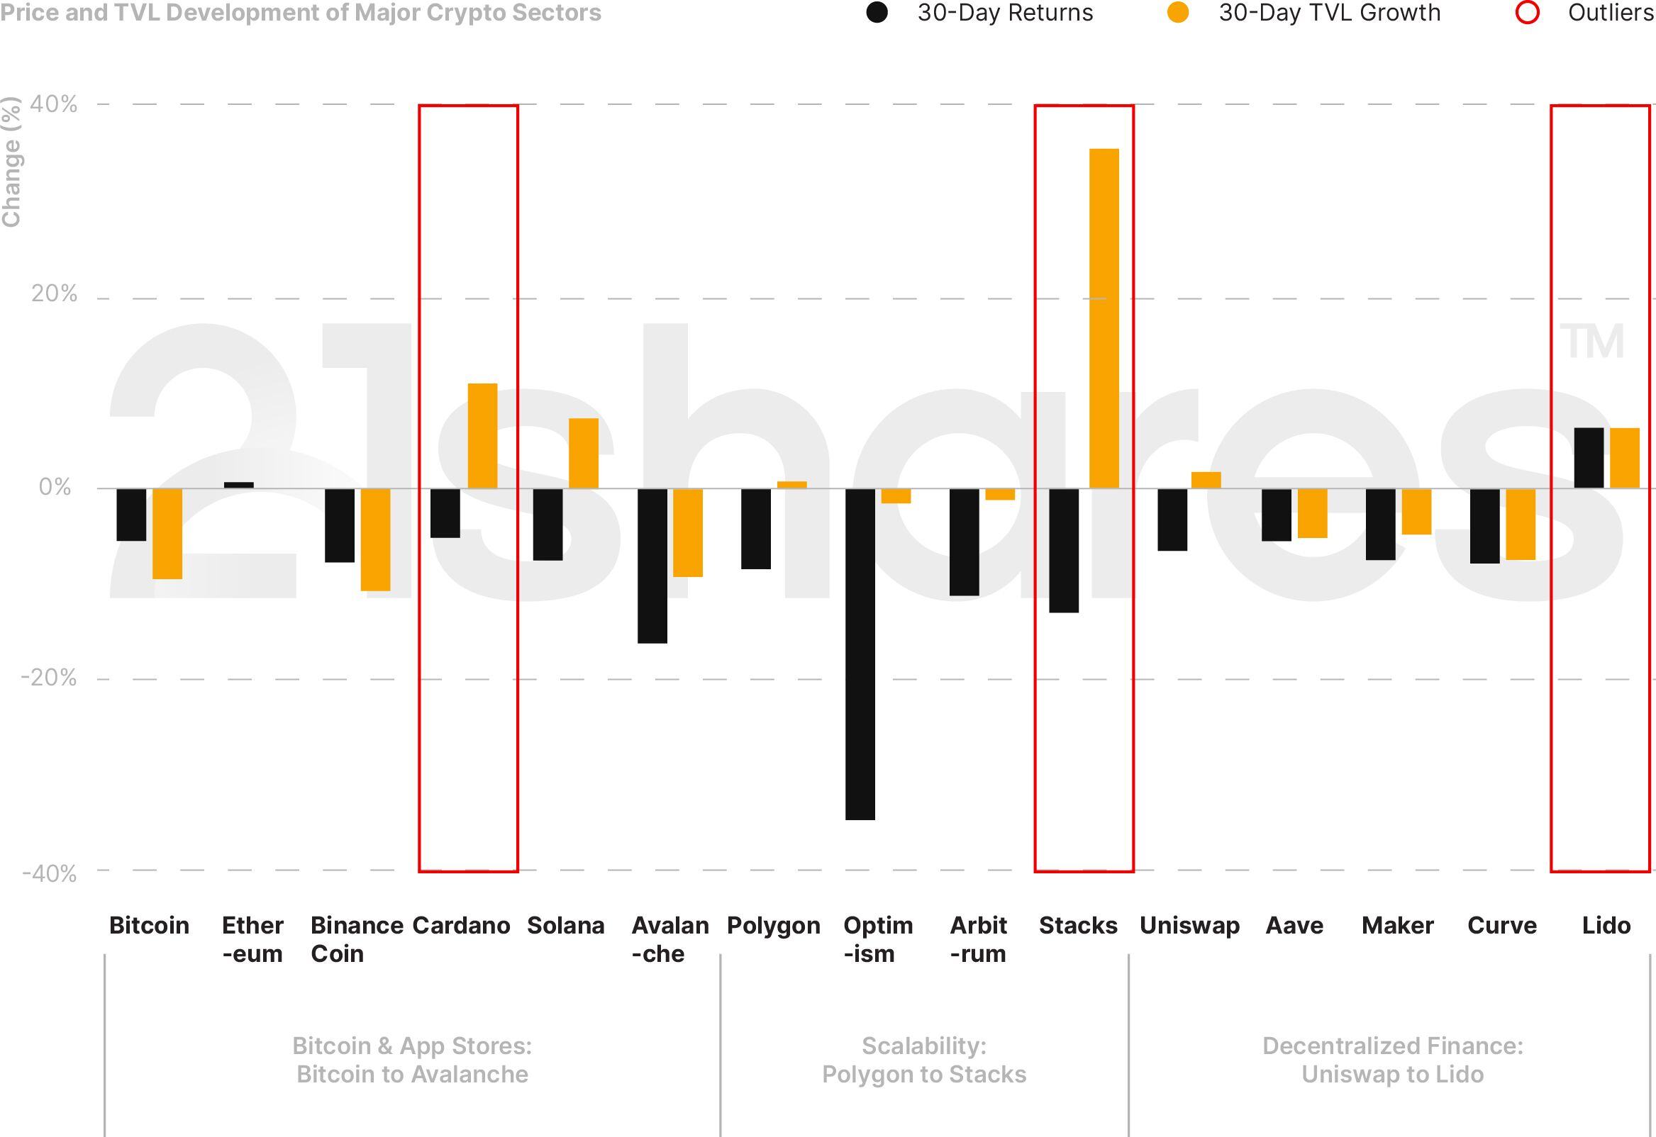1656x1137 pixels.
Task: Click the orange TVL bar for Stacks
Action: tap(1104, 318)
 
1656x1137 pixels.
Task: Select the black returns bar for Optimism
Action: tap(860, 654)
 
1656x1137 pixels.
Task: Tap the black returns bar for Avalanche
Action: tap(652, 566)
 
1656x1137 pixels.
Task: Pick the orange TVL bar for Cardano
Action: tap(482, 436)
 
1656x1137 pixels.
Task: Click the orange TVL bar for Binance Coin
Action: tap(375, 539)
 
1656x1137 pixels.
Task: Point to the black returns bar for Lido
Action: tap(1589, 458)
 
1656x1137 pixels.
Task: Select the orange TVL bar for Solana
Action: tap(584, 453)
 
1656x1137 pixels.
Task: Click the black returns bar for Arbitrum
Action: tap(964, 542)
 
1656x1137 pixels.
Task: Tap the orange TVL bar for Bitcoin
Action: tap(167, 534)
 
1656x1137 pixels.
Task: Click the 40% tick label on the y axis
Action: tap(53, 104)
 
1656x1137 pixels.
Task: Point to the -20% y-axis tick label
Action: tap(48, 678)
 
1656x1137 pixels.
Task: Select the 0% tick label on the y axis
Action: tap(55, 487)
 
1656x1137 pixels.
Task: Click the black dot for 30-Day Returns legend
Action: tap(877, 13)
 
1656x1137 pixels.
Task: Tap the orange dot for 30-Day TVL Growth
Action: tap(1178, 13)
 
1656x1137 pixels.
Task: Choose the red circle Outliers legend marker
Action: tap(1527, 13)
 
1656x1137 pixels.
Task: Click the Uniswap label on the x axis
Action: tap(1189, 926)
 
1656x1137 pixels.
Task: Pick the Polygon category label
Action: tap(773, 926)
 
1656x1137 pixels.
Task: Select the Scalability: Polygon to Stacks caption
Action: tap(924, 1059)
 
